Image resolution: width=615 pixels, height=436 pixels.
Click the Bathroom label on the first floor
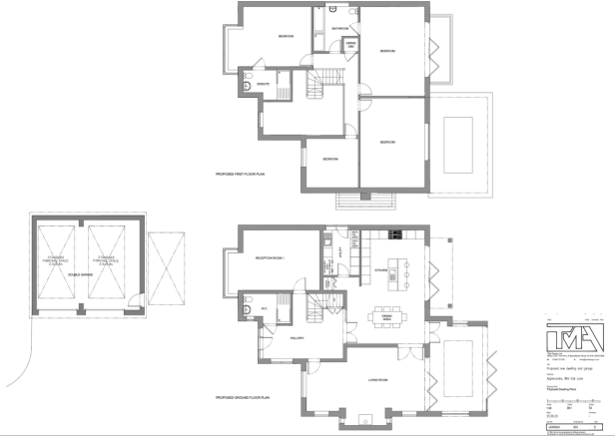(340, 29)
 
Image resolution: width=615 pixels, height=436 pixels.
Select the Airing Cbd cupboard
(349, 46)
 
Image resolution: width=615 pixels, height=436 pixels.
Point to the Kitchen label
(380, 269)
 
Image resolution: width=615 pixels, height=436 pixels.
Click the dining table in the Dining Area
(387, 311)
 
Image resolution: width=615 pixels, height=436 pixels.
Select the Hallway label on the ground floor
(297, 337)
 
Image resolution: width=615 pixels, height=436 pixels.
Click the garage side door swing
(33, 329)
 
